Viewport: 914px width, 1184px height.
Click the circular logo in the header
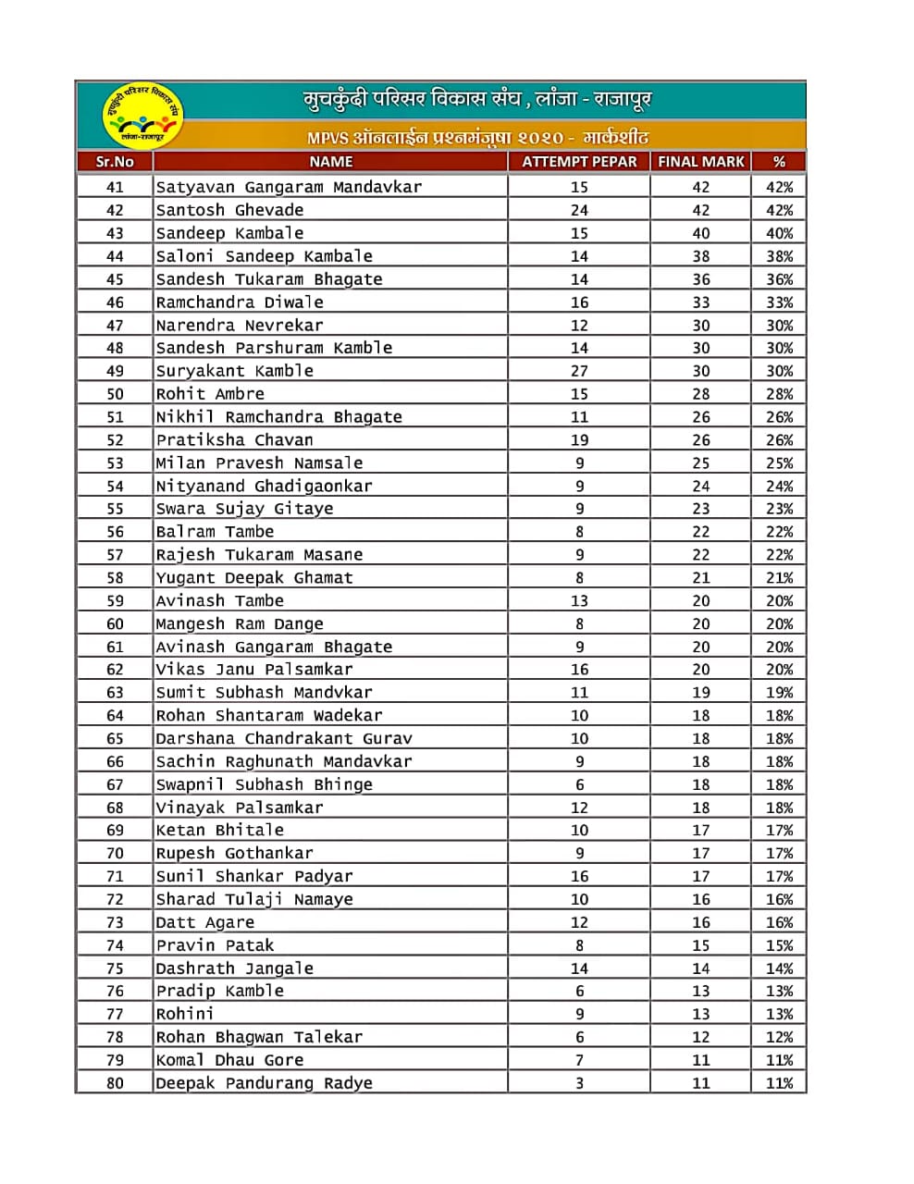(142, 115)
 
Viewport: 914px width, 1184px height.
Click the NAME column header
(330, 162)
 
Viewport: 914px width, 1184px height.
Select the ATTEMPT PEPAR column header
(579, 162)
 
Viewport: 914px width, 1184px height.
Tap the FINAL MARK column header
(700, 162)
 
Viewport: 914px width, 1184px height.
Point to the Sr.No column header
(115, 162)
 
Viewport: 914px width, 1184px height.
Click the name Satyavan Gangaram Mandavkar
(289, 187)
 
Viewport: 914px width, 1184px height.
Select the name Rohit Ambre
(210, 394)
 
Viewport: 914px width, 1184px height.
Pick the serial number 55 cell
(115, 509)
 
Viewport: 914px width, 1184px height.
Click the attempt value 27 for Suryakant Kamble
(579, 371)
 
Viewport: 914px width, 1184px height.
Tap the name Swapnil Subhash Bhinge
(264, 784)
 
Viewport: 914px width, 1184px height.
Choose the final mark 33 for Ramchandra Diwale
(701, 302)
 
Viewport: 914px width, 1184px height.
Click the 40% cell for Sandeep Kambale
(779, 233)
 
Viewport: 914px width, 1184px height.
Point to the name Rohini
(185, 1014)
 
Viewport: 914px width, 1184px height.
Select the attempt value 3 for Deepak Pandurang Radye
(579, 1083)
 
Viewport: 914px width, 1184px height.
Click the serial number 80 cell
(115, 1083)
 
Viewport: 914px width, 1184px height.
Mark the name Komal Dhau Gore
(229, 1060)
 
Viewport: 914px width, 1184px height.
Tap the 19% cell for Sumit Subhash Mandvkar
(779, 693)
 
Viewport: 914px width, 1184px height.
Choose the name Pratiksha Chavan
(234, 440)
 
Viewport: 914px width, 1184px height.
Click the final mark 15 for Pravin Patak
(701, 945)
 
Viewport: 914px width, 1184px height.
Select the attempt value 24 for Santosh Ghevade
(579, 210)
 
